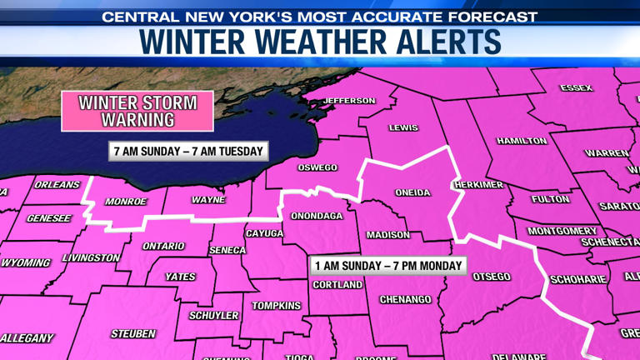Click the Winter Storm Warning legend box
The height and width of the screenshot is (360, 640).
click(137, 112)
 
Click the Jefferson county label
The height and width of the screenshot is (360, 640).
click(349, 101)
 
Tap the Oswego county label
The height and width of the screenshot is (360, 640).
click(317, 167)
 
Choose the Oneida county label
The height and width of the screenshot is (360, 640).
click(412, 192)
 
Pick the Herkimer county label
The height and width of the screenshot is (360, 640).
click(478, 183)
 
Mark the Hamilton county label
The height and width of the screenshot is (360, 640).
click(521, 141)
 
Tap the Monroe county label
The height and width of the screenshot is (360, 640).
click(126, 202)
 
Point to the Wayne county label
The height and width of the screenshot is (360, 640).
click(208, 200)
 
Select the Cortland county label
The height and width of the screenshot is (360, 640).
click(337, 285)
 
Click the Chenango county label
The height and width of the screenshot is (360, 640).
click(404, 298)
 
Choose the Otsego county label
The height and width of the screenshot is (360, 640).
click(491, 276)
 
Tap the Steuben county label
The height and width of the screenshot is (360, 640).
click(133, 333)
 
